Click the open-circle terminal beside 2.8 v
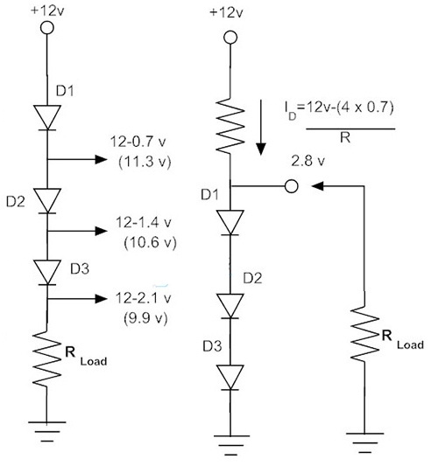pos(293,185)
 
